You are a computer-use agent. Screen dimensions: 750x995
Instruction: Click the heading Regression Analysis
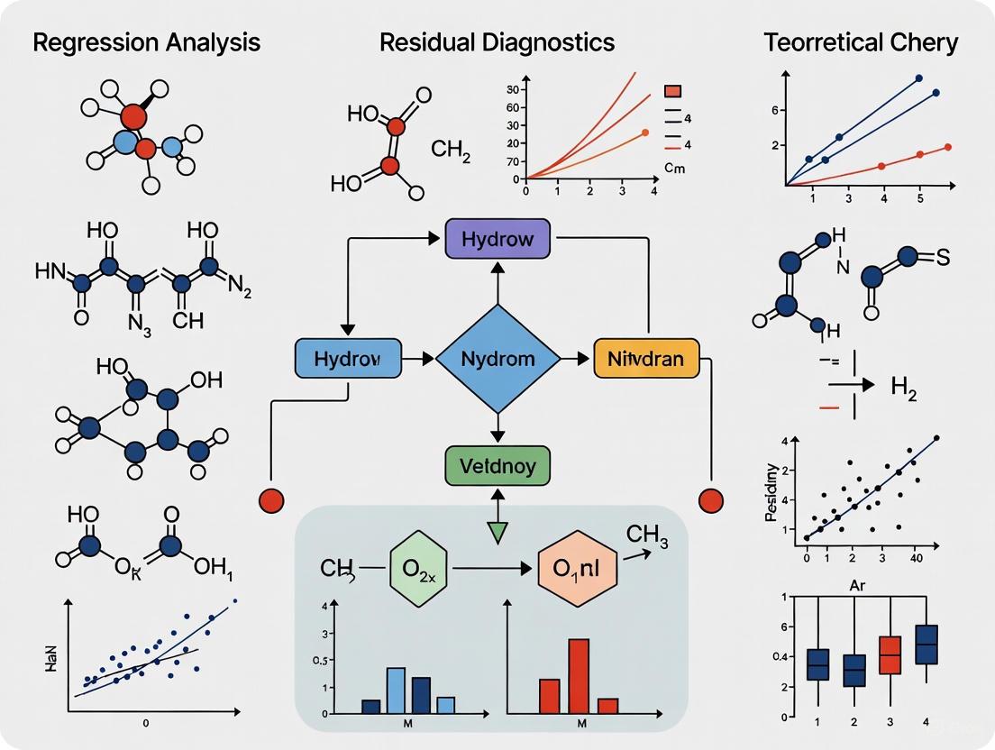147,41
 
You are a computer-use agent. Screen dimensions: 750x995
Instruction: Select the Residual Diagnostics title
497,41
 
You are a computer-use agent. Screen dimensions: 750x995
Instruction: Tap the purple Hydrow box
497,240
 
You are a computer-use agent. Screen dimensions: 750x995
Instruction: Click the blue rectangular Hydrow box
347,359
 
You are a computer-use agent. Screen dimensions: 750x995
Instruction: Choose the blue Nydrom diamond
497,359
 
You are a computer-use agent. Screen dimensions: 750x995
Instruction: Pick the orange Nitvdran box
645,359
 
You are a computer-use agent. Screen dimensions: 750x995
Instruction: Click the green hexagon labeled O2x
418,570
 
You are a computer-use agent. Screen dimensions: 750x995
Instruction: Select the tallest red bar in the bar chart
579,676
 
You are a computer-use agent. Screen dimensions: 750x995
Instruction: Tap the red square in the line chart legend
673,91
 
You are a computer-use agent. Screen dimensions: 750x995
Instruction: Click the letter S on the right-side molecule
944,257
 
